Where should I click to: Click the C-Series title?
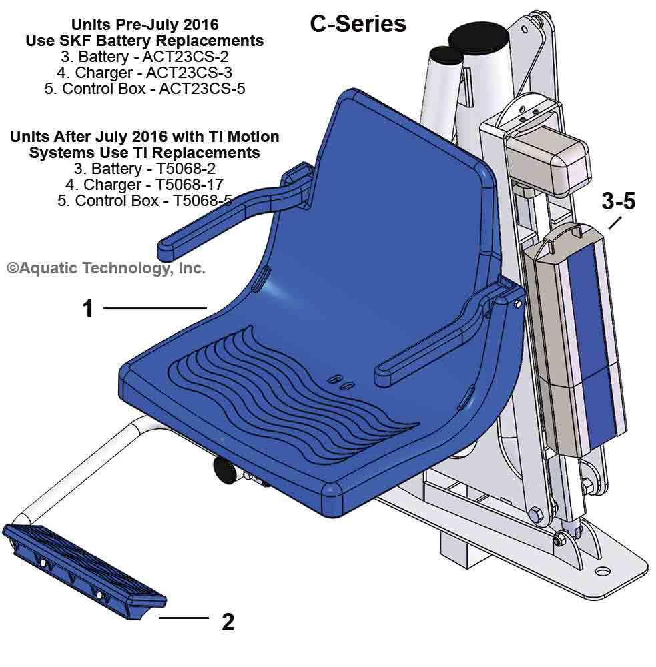pyautogui.click(x=358, y=24)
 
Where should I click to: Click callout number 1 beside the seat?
pyautogui.click(x=87, y=309)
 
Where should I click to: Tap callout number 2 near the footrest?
pyautogui.click(x=228, y=622)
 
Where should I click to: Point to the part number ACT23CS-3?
pyautogui.click(x=190, y=73)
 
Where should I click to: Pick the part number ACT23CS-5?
pyautogui.click(x=202, y=89)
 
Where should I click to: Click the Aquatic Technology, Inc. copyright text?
pyautogui.click(x=106, y=268)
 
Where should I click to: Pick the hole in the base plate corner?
pyautogui.click(x=603, y=572)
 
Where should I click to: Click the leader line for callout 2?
pyautogui.click(x=184, y=618)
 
